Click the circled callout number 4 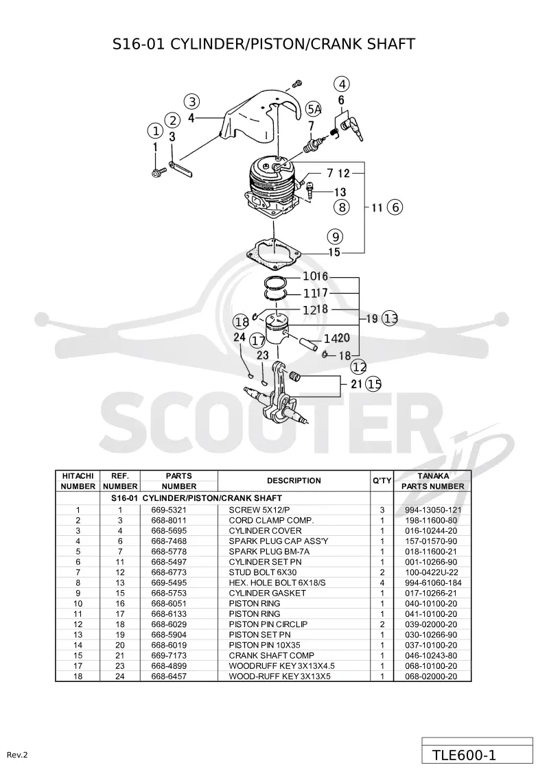342,84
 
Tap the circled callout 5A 314,109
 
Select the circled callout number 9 335,237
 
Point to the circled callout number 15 374,384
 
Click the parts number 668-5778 169,552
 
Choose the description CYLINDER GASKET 268,593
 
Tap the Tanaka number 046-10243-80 432,655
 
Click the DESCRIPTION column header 294,480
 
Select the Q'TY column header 382,480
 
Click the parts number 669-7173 169,655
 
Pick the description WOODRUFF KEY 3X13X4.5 281,666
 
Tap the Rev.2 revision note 17,755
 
